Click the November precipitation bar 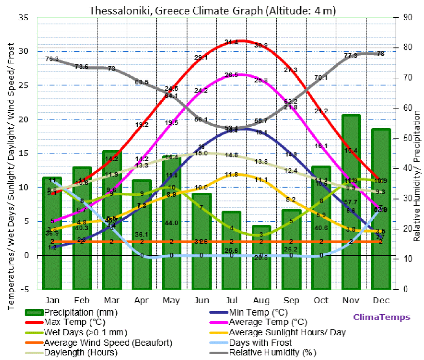(x=351, y=201)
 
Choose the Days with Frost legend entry (x=260, y=343)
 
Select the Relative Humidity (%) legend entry (x=272, y=352)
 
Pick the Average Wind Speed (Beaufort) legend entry (x=108, y=343)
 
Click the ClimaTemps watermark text (x=382, y=317)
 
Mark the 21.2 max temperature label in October (x=321, y=111)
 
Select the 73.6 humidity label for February (x=82, y=66)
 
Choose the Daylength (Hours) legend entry (x=80, y=352)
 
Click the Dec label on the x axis (x=381, y=300)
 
